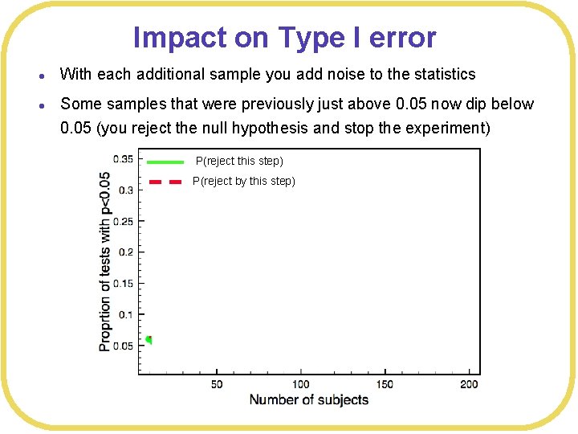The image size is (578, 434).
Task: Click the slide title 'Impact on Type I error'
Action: pyautogui.click(x=284, y=38)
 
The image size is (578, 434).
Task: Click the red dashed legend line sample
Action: pyautogui.click(x=165, y=182)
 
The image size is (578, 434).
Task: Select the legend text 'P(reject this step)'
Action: pyautogui.click(x=239, y=162)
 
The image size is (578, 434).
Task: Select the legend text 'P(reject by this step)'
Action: pyautogui.click(x=244, y=182)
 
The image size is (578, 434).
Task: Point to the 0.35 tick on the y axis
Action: pyautogui.click(x=123, y=158)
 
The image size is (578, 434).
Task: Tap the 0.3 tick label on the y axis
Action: pyautogui.click(x=125, y=190)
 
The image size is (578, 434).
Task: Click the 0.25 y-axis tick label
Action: pyautogui.click(x=123, y=221)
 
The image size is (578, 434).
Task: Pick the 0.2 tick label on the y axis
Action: pyautogui.click(x=125, y=252)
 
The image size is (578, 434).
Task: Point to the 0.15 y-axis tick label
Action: pyautogui.click(x=123, y=284)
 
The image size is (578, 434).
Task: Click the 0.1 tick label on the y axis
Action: pyautogui.click(x=125, y=315)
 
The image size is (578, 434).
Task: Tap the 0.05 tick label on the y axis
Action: pyautogui.click(x=123, y=346)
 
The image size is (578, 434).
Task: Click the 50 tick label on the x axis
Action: pyautogui.click(x=217, y=384)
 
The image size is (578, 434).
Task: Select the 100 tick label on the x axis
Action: pyautogui.click(x=301, y=384)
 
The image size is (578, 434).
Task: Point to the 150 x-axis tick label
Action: pyautogui.click(x=385, y=384)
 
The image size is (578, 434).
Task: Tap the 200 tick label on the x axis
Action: pyautogui.click(x=470, y=384)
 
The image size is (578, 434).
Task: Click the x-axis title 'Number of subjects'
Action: pyautogui.click(x=309, y=400)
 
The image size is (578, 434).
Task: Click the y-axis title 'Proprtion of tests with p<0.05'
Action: pyautogui.click(x=105, y=261)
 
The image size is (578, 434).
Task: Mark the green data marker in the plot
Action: pyautogui.click(x=149, y=340)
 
